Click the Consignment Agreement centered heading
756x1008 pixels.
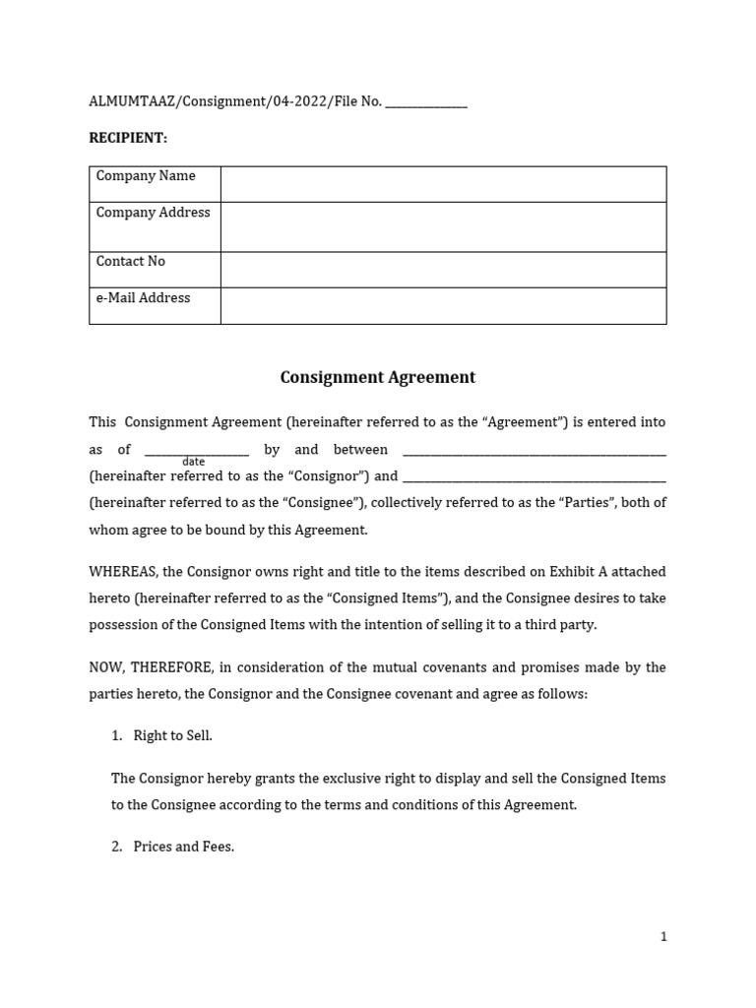pyautogui.click(x=378, y=377)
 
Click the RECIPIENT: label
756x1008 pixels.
pyautogui.click(x=128, y=138)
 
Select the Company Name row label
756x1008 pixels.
pyautogui.click(x=146, y=176)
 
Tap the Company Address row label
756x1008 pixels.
pyautogui.click(x=153, y=213)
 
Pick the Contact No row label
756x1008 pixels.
pyautogui.click(x=131, y=262)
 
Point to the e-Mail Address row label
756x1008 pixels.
pyautogui.click(x=144, y=298)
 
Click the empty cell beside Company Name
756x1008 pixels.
pyautogui.click(x=443, y=184)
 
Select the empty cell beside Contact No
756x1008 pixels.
pyautogui.click(x=443, y=270)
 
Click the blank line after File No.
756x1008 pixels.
pyautogui.click(x=426, y=102)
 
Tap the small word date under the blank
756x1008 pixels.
pyautogui.click(x=194, y=462)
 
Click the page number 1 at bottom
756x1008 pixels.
pyautogui.click(x=663, y=936)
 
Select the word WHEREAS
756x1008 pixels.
pyautogui.click(x=123, y=572)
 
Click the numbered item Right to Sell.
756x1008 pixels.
pyautogui.click(x=172, y=736)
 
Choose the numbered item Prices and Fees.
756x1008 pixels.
pyautogui.click(x=183, y=847)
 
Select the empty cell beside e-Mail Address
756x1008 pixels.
pyautogui.click(x=443, y=306)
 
